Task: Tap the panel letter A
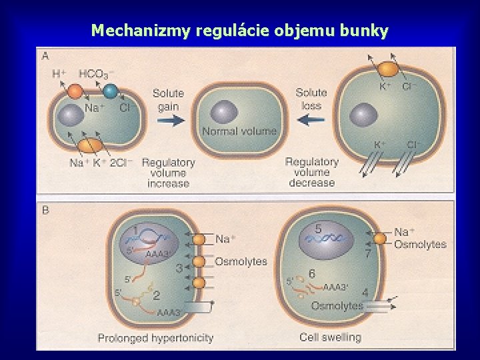click(45, 56)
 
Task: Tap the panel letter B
click(45, 210)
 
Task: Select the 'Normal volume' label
click(239, 131)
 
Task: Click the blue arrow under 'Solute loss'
click(311, 121)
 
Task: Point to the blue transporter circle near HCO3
click(111, 91)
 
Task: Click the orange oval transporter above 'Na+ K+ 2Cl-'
click(91, 145)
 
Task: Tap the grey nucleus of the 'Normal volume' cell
click(223, 111)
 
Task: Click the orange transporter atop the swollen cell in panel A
click(388, 69)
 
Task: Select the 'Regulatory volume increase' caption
click(168, 173)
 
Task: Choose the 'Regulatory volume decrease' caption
click(311, 173)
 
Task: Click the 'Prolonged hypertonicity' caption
click(155, 338)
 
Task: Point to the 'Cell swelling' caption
click(331, 337)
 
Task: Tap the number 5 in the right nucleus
click(319, 229)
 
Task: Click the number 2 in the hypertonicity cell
click(156, 295)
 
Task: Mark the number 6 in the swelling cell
click(312, 274)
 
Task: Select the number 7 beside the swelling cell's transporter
click(367, 253)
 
